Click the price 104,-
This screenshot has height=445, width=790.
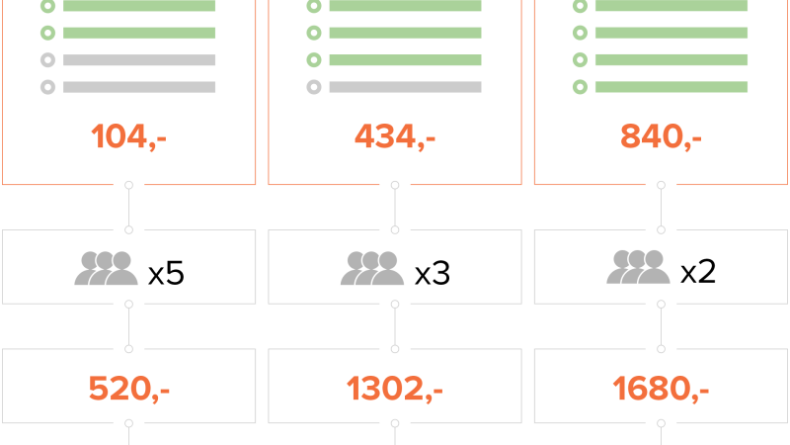pyautogui.click(x=128, y=136)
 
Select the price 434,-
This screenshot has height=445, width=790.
pyautogui.click(x=395, y=136)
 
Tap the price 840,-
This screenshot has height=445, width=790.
pyautogui.click(x=661, y=136)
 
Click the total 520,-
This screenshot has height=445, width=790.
pyautogui.click(x=129, y=389)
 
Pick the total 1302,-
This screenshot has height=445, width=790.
pyautogui.click(x=394, y=389)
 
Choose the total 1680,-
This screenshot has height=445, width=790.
pyautogui.click(x=661, y=389)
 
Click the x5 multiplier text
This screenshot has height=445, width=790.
pyautogui.click(x=166, y=274)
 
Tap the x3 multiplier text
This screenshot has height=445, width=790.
pyautogui.click(x=433, y=274)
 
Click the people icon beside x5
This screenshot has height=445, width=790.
pyautogui.click(x=107, y=268)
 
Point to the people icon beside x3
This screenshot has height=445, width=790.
pyautogui.click(x=372, y=268)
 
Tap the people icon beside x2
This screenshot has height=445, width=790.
pyautogui.click(x=638, y=266)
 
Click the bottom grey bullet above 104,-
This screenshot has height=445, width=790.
pyautogui.click(x=47, y=87)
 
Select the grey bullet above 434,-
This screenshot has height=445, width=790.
pyautogui.click(x=314, y=87)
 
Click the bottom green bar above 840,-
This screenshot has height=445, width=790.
pyautogui.click(x=671, y=87)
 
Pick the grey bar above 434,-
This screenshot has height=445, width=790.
pyautogui.click(x=405, y=87)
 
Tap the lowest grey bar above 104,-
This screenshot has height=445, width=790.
pyautogui.click(x=139, y=87)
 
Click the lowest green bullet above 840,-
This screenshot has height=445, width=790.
pyautogui.click(x=580, y=87)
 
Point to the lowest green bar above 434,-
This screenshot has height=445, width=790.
pyautogui.click(x=405, y=59)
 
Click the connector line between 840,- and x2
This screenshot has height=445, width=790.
pyautogui.click(x=661, y=208)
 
